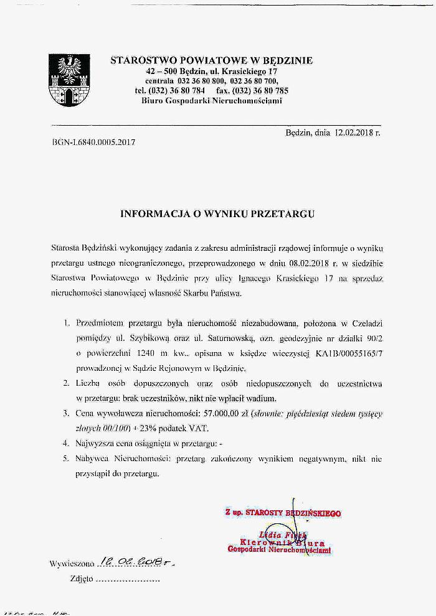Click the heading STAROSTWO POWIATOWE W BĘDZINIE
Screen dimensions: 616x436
(211, 61)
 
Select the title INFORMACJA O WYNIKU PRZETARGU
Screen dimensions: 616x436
(217, 213)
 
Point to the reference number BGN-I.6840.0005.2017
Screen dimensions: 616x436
(94, 142)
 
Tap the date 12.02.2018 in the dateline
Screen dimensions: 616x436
(353, 133)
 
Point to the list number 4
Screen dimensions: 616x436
(65, 444)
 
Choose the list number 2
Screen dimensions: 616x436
(65, 383)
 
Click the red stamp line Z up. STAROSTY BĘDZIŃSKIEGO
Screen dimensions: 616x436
(283, 513)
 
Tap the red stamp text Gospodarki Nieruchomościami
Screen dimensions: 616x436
(279, 550)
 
